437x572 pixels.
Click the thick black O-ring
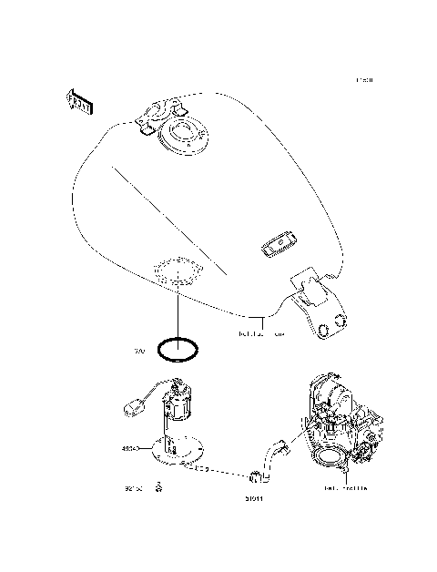point(177,349)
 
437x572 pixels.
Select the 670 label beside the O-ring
point(140,350)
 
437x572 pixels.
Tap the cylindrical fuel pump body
point(176,402)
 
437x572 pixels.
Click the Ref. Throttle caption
point(346,488)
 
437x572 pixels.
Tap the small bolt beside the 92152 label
point(158,487)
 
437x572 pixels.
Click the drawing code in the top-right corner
point(364,81)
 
